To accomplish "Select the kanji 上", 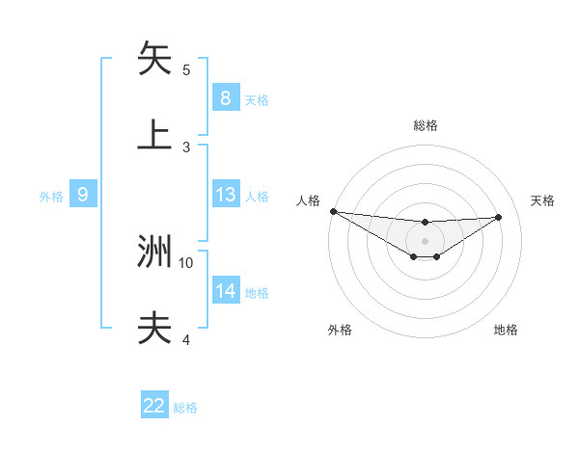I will point(154,135).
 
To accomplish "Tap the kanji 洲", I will point(154,251).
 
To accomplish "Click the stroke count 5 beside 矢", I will point(186,70).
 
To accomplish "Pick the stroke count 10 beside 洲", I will point(186,262).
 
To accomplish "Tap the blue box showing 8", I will point(225,97).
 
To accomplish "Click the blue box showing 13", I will point(225,195).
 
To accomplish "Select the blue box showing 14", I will point(225,291).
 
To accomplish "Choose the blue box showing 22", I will point(154,406).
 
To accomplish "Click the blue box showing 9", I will point(83,195).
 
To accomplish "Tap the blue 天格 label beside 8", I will point(257,99).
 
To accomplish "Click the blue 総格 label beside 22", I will point(185,408).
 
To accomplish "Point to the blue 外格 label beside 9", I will point(51,197).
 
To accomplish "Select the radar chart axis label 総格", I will point(425,125).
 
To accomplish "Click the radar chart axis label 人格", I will point(309,200).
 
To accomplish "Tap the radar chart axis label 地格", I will point(506,330).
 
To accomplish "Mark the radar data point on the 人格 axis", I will point(333,211).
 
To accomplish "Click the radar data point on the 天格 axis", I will point(498,217).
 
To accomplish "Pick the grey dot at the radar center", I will point(425,240).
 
